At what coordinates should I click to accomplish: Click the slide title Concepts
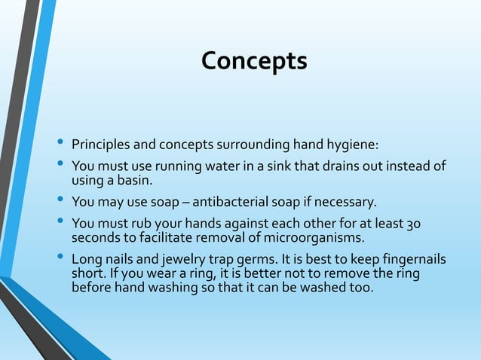[x=254, y=61]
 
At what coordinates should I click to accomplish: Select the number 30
[x=414, y=224]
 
